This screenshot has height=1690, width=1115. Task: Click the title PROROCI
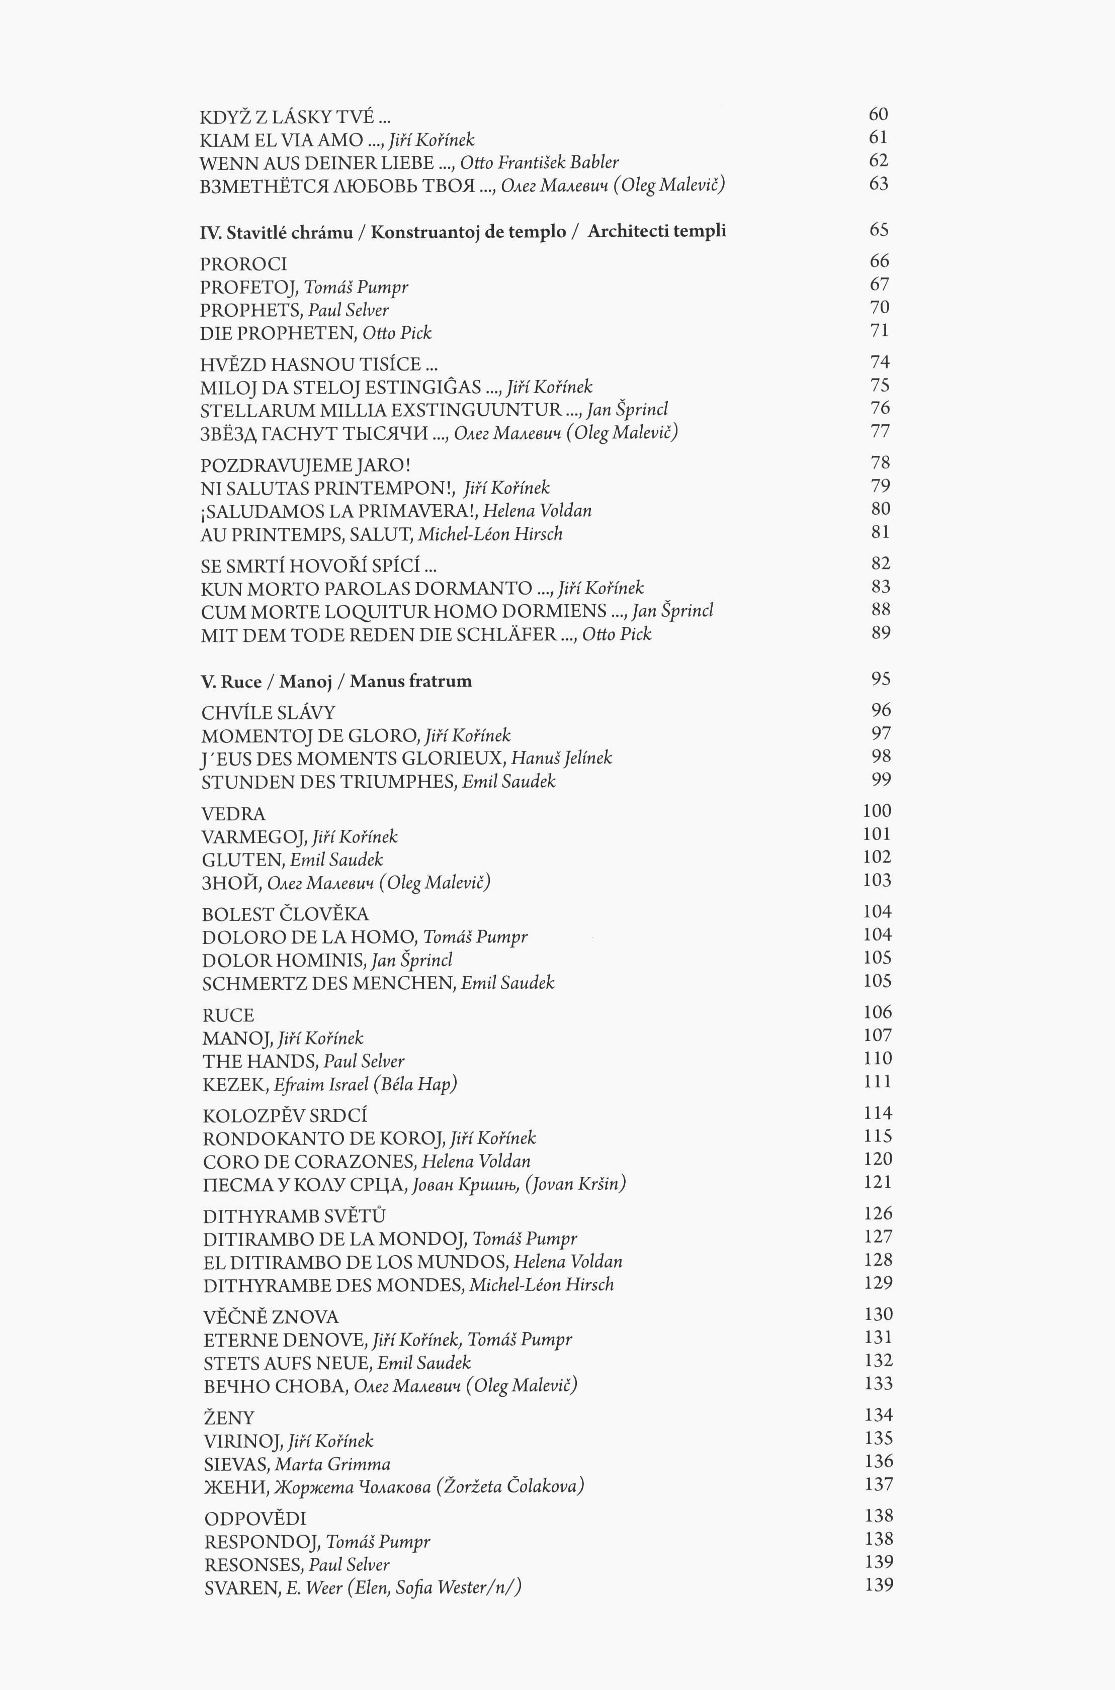click(243, 264)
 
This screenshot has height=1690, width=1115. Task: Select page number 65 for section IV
click(879, 230)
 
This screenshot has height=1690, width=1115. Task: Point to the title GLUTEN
click(242, 860)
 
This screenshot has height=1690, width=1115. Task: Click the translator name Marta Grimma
click(333, 1464)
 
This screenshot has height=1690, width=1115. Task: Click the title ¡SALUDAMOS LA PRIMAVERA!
click(338, 511)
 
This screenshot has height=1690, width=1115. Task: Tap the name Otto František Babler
click(539, 163)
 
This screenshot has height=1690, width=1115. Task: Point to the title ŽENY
click(228, 1419)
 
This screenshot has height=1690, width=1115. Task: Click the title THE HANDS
click(260, 1062)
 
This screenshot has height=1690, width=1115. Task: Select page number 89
click(880, 632)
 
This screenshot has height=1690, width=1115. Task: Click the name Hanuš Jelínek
click(561, 759)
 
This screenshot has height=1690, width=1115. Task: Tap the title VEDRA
click(233, 814)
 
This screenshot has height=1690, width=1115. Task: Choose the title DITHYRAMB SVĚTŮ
click(294, 1216)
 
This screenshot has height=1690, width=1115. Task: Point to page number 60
click(878, 115)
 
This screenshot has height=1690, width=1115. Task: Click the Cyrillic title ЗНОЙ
click(230, 883)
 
